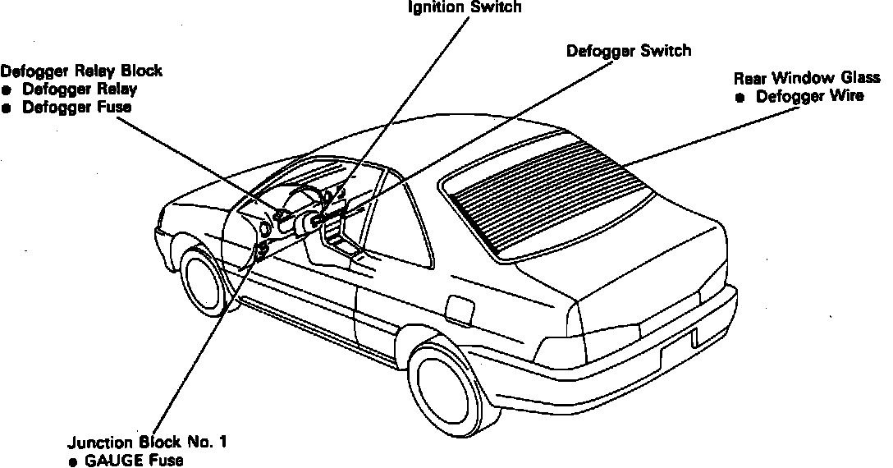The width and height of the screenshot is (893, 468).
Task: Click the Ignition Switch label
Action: coord(465,7)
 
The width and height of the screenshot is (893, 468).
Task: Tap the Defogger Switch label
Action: coord(629,51)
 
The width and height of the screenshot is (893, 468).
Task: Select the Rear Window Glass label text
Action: coord(807,78)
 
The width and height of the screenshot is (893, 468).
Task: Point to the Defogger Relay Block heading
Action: coord(81,71)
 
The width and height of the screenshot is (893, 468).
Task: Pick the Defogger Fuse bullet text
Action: coord(77,108)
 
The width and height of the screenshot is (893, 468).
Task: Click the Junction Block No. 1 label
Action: coord(147,443)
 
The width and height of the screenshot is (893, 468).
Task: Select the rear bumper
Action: coord(657,361)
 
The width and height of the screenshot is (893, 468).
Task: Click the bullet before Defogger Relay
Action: coord(7,89)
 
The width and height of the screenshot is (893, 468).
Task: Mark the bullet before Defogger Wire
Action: coord(740,98)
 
